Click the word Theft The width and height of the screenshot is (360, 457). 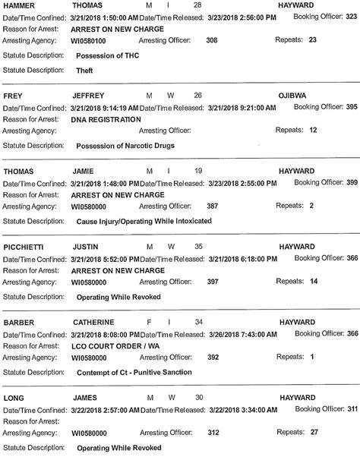click(84, 70)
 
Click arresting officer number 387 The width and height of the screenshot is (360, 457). click(213, 206)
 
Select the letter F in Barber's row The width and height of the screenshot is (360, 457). click(149, 322)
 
